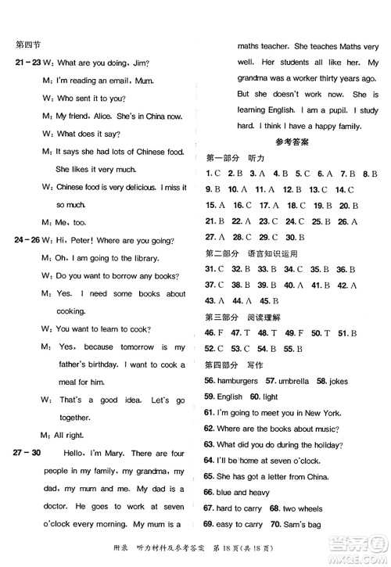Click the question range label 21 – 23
(x=21, y=63)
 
